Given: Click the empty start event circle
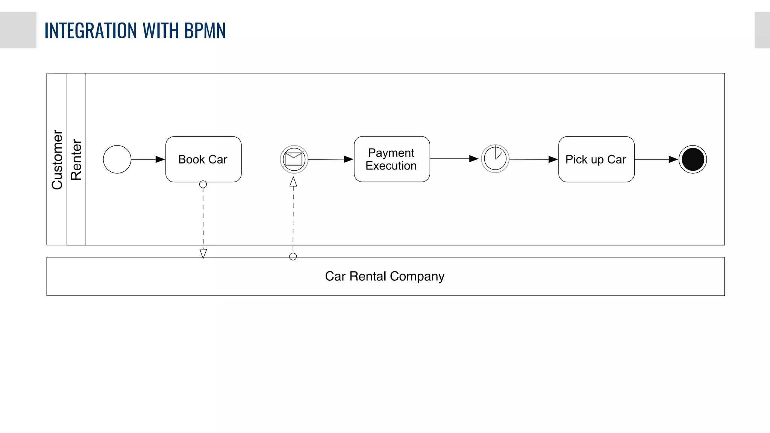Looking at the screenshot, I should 117,159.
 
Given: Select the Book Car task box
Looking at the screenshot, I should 203,159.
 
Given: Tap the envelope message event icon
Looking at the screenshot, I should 294,159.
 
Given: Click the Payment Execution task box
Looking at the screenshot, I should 391,159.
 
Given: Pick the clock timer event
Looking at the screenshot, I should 495,159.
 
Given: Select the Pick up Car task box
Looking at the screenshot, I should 596,159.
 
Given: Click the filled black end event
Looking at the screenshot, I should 693,159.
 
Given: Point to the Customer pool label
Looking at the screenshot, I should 57,159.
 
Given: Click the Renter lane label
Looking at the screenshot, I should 76,159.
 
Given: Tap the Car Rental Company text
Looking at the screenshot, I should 385,276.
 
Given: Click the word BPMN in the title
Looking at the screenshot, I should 205,30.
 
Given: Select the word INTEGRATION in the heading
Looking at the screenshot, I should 91,30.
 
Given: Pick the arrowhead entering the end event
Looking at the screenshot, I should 673,159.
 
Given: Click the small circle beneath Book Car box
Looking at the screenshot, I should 203,185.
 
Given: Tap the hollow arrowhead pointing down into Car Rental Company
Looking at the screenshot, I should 203,253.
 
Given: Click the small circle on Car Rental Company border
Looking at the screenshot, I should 293,257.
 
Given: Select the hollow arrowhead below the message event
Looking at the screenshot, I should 293,182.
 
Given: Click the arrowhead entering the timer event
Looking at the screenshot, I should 474,159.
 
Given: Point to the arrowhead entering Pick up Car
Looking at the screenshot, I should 553,159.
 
